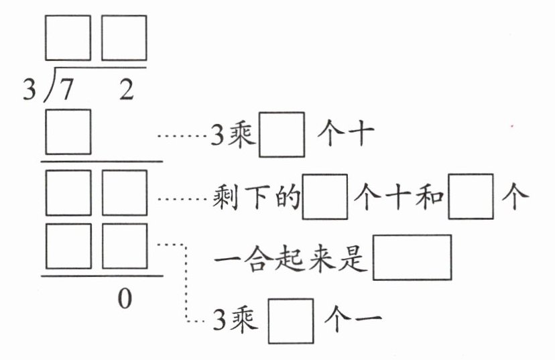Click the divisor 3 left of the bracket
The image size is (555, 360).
tap(29, 89)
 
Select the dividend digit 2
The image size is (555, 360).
tap(127, 89)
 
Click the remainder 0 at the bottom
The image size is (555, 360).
tap(125, 298)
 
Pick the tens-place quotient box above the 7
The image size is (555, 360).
tap(68, 38)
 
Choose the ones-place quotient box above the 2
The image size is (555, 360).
tap(124, 38)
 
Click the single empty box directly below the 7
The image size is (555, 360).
tap(68, 132)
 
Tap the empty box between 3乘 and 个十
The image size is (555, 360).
tap(282, 135)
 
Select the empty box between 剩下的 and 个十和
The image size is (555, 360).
tap(325, 197)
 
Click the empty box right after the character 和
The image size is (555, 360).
tap(471, 196)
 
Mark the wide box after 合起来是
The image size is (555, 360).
tap(412, 257)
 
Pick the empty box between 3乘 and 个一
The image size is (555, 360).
tap(291, 321)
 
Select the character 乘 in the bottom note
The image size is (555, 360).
tap(243, 320)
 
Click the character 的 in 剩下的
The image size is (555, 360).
tap(288, 197)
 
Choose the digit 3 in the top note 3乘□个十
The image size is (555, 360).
tap(218, 135)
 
